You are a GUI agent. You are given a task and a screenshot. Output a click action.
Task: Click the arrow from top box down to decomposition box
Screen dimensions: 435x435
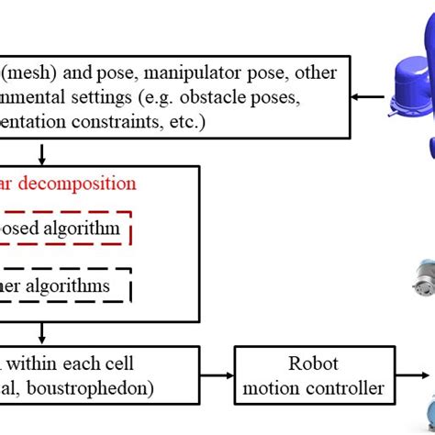coord(40,151)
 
